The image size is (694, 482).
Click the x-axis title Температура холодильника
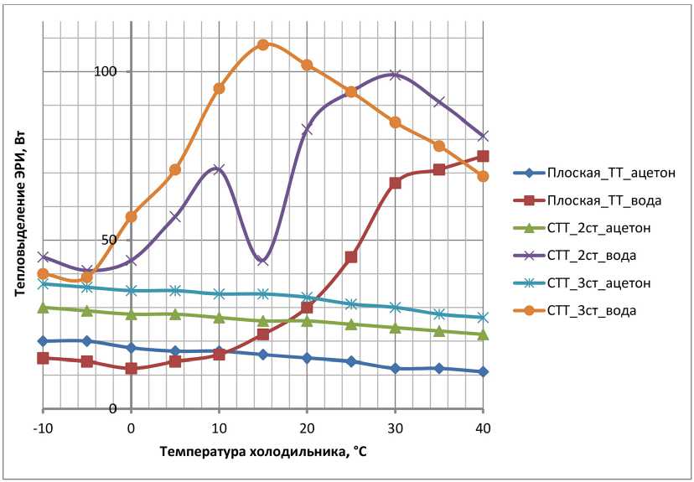coord(263,452)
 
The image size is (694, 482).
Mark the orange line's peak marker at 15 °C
coord(263,44)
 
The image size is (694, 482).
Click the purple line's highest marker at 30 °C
coord(395,75)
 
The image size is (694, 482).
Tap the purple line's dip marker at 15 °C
coord(263,260)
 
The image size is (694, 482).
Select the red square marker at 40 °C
coord(483,156)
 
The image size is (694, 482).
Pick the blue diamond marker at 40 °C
coord(483,371)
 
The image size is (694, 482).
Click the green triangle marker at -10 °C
coord(43,308)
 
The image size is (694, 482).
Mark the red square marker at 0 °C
coord(131,368)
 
